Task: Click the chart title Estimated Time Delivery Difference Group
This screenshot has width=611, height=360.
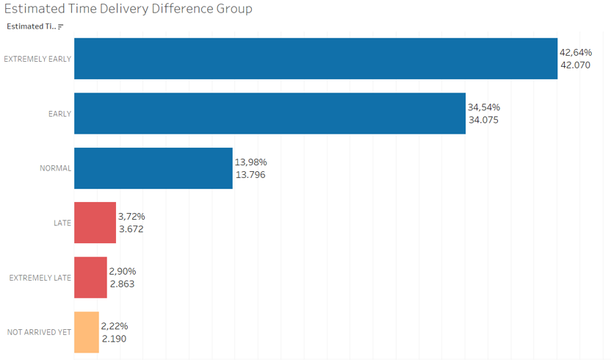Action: [129, 9]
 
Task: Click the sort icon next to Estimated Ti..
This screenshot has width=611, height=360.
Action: [61, 26]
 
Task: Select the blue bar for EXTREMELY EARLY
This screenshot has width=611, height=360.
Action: [316, 59]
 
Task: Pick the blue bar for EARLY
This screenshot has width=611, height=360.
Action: [270, 113]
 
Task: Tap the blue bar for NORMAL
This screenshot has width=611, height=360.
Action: [153, 168]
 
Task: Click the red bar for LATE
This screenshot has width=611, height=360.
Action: [95, 223]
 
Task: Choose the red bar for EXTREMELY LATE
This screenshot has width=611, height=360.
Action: [90, 277]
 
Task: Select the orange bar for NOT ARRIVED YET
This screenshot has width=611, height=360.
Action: [86, 332]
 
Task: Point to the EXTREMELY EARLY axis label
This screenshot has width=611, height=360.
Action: [37, 59]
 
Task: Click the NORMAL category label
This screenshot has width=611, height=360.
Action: [55, 168]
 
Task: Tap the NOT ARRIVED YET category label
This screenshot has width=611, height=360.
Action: [39, 332]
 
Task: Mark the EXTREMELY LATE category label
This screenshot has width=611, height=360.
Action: [40, 278]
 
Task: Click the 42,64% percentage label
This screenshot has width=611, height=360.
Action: [576, 53]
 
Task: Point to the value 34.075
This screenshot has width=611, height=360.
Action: [483, 120]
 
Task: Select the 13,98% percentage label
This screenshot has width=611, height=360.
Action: [250, 162]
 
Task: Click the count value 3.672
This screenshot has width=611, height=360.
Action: [131, 229]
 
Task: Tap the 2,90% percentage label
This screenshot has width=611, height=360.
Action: [123, 271]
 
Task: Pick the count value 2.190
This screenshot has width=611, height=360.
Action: [114, 338]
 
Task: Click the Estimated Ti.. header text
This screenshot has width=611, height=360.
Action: [30, 26]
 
